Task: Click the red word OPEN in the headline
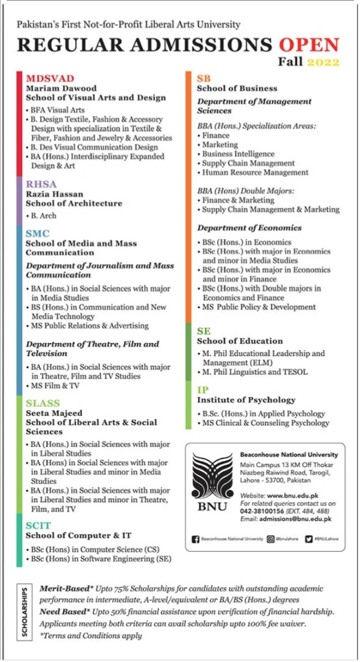[x=309, y=45]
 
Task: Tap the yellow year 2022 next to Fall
[x=323, y=62]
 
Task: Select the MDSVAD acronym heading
[x=50, y=79]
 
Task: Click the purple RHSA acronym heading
[x=41, y=184]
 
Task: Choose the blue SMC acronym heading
[x=37, y=234]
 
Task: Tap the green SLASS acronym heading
[x=43, y=403]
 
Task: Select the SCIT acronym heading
[x=38, y=526]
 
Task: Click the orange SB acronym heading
[x=204, y=79]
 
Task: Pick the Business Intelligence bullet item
[x=238, y=154]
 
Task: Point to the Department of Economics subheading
[x=249, y=228]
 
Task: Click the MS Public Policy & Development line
[x=259, y=307]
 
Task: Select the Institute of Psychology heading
[x=246, y=400]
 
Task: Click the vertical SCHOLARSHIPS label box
[x=24, y=611]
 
